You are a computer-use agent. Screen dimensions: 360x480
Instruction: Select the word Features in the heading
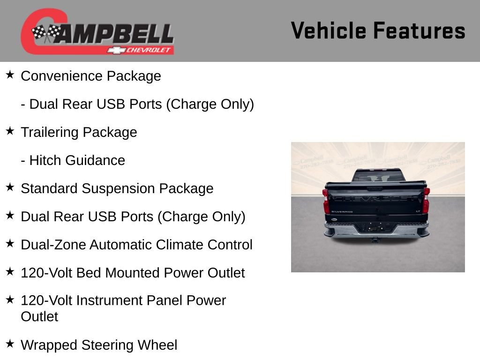(420, 31)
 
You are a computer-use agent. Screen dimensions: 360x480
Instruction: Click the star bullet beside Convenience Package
(10, 75)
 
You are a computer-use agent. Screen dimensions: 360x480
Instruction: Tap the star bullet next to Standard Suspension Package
(10, 187)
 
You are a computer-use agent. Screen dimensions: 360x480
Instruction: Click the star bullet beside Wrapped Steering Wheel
(10, 344)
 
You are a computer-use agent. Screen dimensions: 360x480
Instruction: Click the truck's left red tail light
(326, 200)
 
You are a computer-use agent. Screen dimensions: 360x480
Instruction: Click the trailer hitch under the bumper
(375, 240)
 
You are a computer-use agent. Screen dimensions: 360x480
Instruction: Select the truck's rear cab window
(378, 176)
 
